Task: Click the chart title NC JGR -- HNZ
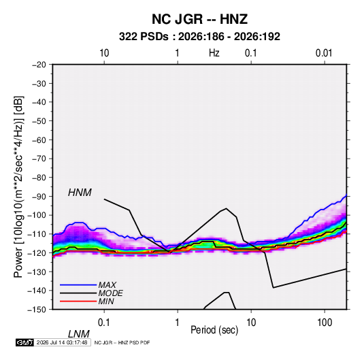click(x=199, y=19)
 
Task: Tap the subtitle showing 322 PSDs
click(x=199, y=37)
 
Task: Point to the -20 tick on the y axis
click(x=39, y=65)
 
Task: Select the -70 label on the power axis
click(x=39, y=159)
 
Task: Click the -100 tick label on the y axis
click(x=37, y=215)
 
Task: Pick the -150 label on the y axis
click(x=37, y=310)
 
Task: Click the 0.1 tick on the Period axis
click(x=104, y=323)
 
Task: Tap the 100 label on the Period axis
click(x=325, y=323)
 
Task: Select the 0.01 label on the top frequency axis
click(x=324, y=53)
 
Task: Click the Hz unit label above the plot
click(x=214, y=53)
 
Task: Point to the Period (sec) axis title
click(x=214, y=330)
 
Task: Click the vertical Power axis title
click(x=18, y=187)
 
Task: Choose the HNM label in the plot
click(x=80, y=193)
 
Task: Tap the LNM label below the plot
click(x=79, y=334)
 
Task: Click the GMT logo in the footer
click(x=24, y=342)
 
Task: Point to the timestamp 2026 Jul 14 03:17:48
click(x=62, y=342)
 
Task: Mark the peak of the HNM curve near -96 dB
click(x=227, y=208)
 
